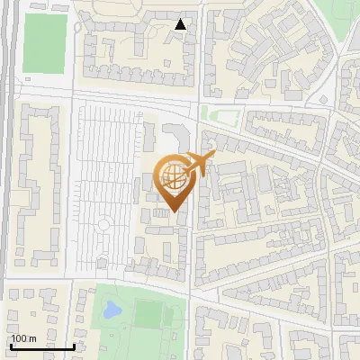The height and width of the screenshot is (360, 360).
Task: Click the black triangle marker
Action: pos(181,24)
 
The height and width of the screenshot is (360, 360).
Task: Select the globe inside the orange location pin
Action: pos(174,176)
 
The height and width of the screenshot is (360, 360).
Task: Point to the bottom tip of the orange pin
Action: pos(175,212)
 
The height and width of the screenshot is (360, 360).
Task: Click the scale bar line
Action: pos(42,346)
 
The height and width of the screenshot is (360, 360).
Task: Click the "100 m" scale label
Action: pos(23,337)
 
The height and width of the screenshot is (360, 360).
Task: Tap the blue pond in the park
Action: pos(112,310)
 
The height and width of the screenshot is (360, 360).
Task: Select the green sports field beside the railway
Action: pos(45,43)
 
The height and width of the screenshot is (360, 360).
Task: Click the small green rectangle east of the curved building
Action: pos(220,115)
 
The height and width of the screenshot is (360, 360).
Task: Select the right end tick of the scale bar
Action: pos(74,345)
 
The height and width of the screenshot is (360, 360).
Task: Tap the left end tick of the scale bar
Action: pos(11,345)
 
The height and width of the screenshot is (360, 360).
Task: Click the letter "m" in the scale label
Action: pos(32,337)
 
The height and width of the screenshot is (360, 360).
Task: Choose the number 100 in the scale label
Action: pos(19,337)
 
